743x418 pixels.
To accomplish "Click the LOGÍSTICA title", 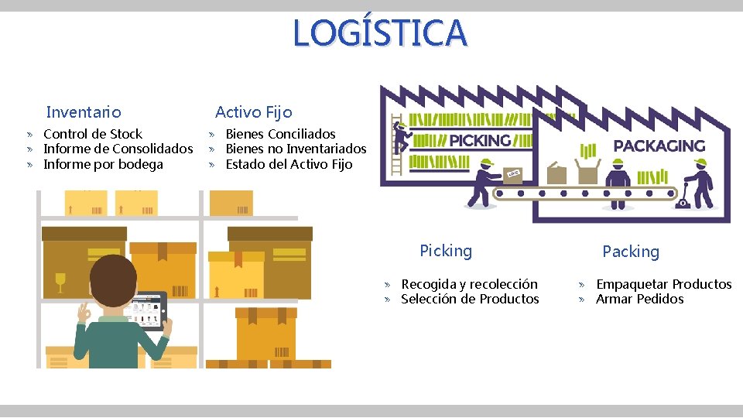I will tap(380, 33).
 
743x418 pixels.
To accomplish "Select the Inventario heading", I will tap(84, 112).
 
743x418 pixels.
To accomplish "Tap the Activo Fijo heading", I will tap(254, 112).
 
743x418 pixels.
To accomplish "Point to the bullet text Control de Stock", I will tap(93, 134).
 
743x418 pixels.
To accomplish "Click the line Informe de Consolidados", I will tap(118, 149).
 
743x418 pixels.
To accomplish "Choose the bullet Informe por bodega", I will tap(103, 164).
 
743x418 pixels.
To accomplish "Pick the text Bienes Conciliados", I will tap(280, 134).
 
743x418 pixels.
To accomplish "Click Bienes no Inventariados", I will tap(296, 149).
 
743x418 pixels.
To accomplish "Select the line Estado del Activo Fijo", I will tap(289, 164).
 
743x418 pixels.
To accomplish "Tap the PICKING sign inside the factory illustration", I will tap(480, 140).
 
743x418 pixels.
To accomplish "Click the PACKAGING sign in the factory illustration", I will tap(659, 146).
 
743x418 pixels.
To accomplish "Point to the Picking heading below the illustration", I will tap(445, 251).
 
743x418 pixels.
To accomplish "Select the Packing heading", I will tap(631, 252).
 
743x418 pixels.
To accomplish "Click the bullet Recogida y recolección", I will tap(469, 284).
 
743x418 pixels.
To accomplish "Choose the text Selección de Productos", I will tap(470, 299).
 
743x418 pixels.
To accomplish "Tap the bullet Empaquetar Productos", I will tap(663, 284).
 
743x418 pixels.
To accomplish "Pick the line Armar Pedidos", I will tap(639, 299).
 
